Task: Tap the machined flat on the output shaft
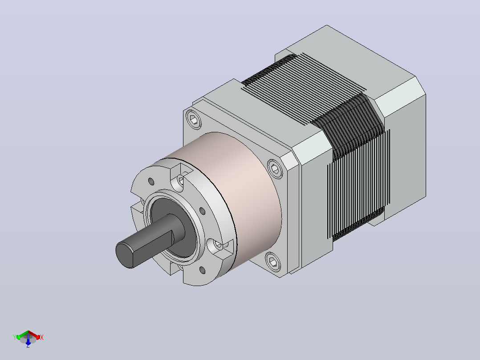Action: click(153, 248)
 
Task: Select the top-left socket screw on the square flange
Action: click(193, 119)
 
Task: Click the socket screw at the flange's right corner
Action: click(275, 168)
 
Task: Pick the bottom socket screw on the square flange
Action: click(273, 262)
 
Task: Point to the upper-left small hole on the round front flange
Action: click(151, 181)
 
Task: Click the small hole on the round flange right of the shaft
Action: click(202, 211)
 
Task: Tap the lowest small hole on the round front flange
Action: click(202, 270)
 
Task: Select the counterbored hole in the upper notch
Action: click(180, 180)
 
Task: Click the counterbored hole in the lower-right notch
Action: click(217, 245)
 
